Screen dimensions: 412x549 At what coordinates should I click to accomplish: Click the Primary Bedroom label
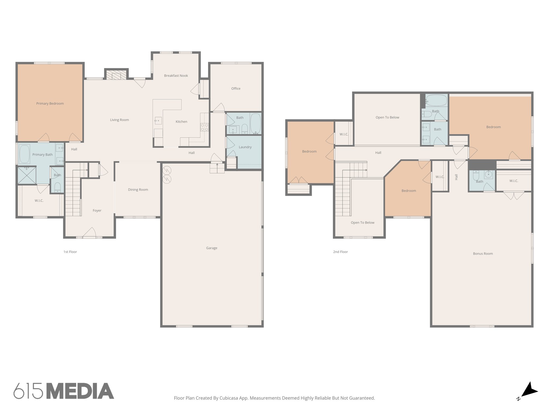coord(50,104)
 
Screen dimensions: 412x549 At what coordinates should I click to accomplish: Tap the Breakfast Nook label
coord(176,76)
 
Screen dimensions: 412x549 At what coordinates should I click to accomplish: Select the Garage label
coord(212,248)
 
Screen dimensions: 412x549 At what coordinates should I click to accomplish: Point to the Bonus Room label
coord(483,254)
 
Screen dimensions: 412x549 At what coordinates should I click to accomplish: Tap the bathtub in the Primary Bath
coord(24,154)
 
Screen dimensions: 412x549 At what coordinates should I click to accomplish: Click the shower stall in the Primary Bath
coord(27,175)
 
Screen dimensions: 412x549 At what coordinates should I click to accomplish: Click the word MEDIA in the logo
coord(80,391)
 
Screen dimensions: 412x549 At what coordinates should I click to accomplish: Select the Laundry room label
coord(245,147)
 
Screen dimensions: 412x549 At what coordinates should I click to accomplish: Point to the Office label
coord(236,89)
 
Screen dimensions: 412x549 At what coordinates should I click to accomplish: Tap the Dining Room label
coord(138,190)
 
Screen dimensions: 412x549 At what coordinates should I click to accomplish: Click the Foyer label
coord(97,211)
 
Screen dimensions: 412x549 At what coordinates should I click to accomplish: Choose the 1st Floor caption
coord(70,252)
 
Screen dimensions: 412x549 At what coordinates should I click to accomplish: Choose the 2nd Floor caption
coord(340,252)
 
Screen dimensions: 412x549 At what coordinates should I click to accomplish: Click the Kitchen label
coord(181,122)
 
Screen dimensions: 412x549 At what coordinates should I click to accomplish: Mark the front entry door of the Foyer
coord(89,233)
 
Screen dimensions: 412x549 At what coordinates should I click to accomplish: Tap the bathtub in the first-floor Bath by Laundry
coord(255,123)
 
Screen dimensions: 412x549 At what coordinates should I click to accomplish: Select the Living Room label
coord(119,120)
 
